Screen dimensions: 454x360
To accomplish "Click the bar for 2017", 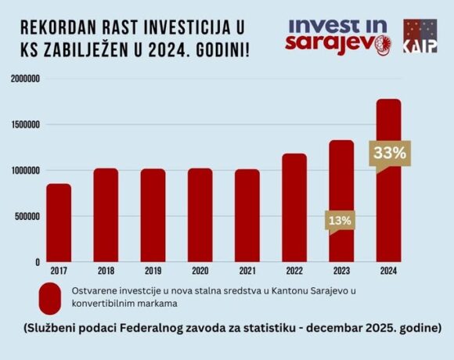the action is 59,222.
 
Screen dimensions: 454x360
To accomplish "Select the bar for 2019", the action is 153,215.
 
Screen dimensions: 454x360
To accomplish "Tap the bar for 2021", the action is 247,215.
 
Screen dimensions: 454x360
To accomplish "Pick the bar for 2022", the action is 294,207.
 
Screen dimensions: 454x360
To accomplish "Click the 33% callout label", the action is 390,153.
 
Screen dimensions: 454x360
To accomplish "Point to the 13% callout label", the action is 340,221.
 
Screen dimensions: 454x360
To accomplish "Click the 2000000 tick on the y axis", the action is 26,79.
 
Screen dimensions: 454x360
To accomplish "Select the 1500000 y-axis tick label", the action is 26,124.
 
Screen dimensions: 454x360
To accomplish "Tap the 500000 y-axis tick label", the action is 28,217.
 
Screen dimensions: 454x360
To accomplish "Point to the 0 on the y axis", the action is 38,262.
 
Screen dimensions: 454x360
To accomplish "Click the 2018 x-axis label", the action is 106,271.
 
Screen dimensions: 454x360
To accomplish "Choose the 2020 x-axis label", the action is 200,271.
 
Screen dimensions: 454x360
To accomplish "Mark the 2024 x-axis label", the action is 388,271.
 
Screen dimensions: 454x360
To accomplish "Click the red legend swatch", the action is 50,299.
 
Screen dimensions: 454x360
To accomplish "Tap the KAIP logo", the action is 420,36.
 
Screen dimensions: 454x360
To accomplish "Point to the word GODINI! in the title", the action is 222,50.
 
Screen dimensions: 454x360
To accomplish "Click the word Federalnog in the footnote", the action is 147,329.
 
